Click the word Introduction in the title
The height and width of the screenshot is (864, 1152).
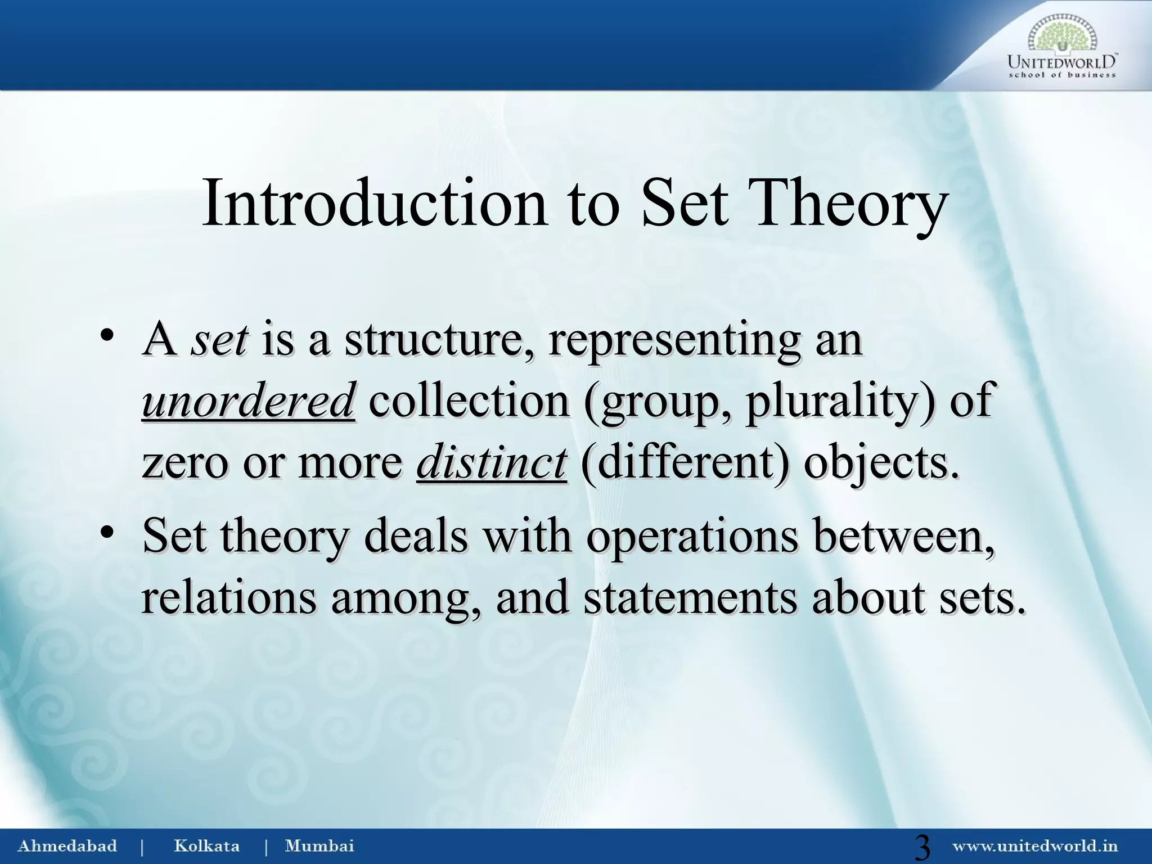tap(373, 204)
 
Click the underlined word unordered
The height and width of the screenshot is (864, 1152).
tap(248, 400)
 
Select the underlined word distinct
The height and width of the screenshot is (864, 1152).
tap(491, 462)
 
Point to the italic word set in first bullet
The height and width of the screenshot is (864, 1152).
tap(219, 340)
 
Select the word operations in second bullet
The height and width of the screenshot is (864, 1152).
tap(692, 535)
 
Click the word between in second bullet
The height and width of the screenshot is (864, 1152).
tap(903, 535)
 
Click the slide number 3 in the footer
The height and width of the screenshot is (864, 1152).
tap(922, 848)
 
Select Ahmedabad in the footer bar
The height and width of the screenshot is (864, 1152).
tap(67, 846)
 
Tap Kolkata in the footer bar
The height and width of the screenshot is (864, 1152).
tap(206, 846)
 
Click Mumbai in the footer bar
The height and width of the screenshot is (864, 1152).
tap(319, 846)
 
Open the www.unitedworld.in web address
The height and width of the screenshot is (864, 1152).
tap(1034, 846)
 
